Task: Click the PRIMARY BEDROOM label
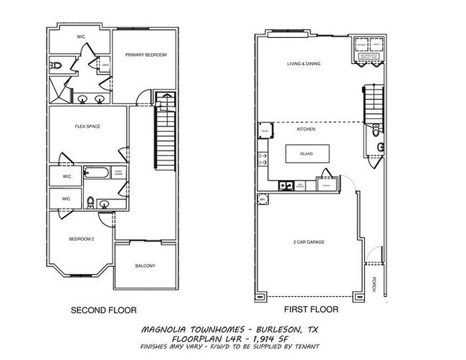[x=146, y=55]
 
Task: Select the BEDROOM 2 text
[x=81, y=239]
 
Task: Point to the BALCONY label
[x=146, y=266]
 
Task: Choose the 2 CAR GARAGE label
[x=309, y=242]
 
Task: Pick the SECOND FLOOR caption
[x=103, y=311]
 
